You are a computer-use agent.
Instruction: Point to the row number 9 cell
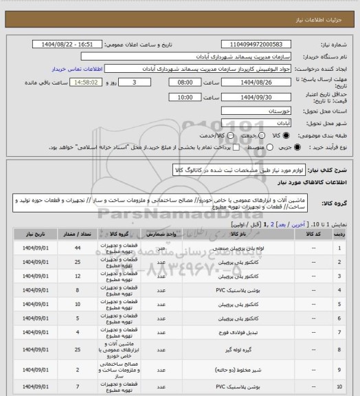(341, 357)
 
